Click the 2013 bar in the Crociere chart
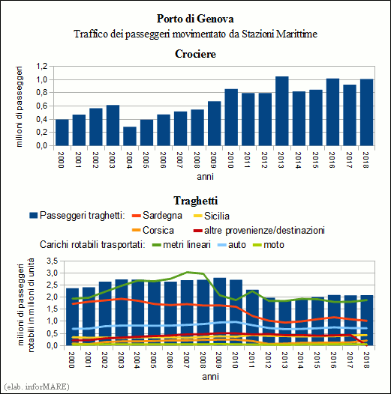(x=282, y=111)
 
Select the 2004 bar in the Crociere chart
(x=130, y=136)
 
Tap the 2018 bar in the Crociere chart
(x=366, y=112)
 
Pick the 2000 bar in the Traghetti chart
(x=73, y=317)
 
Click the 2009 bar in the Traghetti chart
(x=220, y=312)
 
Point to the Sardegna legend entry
(x=157, y=216)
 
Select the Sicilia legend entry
(x=212, y=216)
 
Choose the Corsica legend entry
(x=153, y=230)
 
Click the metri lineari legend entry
(x=182, y=245)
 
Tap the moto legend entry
(x=269, y=245)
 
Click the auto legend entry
(x=232, y=245)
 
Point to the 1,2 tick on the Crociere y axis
(x=42, y=67)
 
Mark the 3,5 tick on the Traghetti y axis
(x=52, y=261)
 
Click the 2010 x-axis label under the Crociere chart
(x=230, y=160)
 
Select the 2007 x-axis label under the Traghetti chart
(x=186, y=360)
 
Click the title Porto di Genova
(x=195, y=19)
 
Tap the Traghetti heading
(x=195, y=201)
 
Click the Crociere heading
(x=195, y=54)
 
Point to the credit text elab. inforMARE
(x=37, y=387)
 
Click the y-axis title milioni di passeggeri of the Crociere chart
(x=19, y=106)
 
